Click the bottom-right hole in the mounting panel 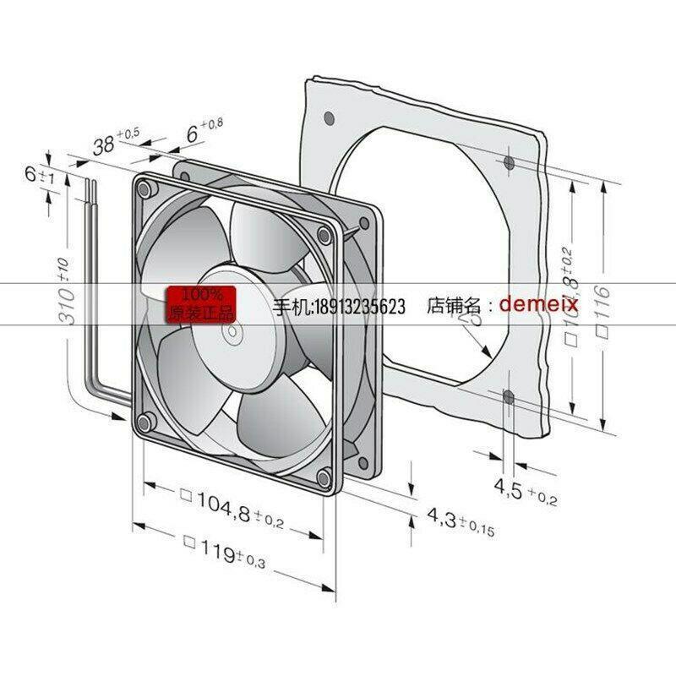(507, 395)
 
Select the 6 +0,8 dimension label (199, 132)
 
